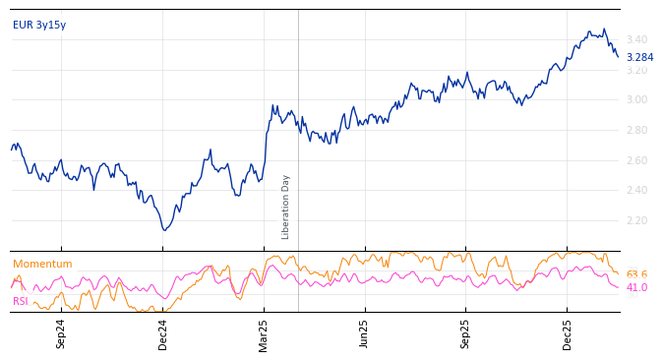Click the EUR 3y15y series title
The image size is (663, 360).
pos(39,25)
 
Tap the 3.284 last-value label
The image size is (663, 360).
pos(639,57)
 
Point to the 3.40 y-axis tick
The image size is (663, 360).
pos(637,40)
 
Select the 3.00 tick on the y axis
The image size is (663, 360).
pos(637,100)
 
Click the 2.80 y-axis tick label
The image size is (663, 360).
pos(637,131)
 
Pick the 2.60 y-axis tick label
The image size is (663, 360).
pos(637,161)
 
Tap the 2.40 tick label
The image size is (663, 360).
pos(637,191)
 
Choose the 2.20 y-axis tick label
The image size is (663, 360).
pos(637,221)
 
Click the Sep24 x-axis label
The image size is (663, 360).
pos(61,333)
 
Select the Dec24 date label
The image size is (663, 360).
pos(163,333)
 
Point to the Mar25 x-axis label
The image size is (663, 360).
pos(264,333)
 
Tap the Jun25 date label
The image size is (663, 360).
pos(365,333)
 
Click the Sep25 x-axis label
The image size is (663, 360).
pos(466,333)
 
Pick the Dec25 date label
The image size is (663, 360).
pos(568,333)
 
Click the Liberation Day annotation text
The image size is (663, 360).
pos(286,207)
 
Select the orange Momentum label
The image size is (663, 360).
pos(42,265)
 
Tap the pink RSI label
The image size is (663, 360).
pos(21,301)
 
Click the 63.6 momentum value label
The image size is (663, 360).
pos(636,274)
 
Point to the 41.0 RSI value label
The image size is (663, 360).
pos(636,288)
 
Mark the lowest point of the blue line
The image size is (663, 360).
pos(164,230)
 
